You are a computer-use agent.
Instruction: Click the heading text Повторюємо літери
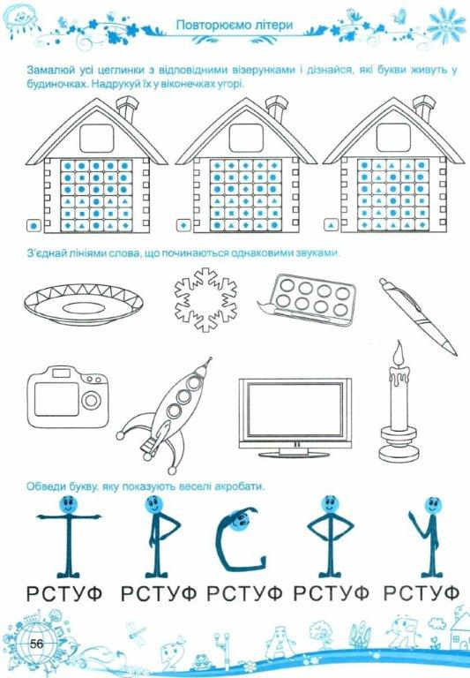[235, 25]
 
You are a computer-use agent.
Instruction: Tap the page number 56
[37, 644]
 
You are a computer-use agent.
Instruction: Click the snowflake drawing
[205, 299]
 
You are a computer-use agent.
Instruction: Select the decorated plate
[84, 305]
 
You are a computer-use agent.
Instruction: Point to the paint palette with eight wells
[309, 298]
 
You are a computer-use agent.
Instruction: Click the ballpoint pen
[417, 316]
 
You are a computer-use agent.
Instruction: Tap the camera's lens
[91, 400]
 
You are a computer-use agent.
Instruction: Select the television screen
[295, 407]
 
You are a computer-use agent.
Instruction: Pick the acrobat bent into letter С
[240, 538]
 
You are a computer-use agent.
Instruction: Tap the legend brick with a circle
[34, 226]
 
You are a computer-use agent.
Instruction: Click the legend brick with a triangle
[331, 226]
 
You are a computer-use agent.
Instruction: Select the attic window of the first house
[97, 138]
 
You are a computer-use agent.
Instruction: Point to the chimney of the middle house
[275, 108]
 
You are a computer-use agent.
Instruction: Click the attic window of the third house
[393, 138]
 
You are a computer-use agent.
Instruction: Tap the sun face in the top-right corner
[446, 24]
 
